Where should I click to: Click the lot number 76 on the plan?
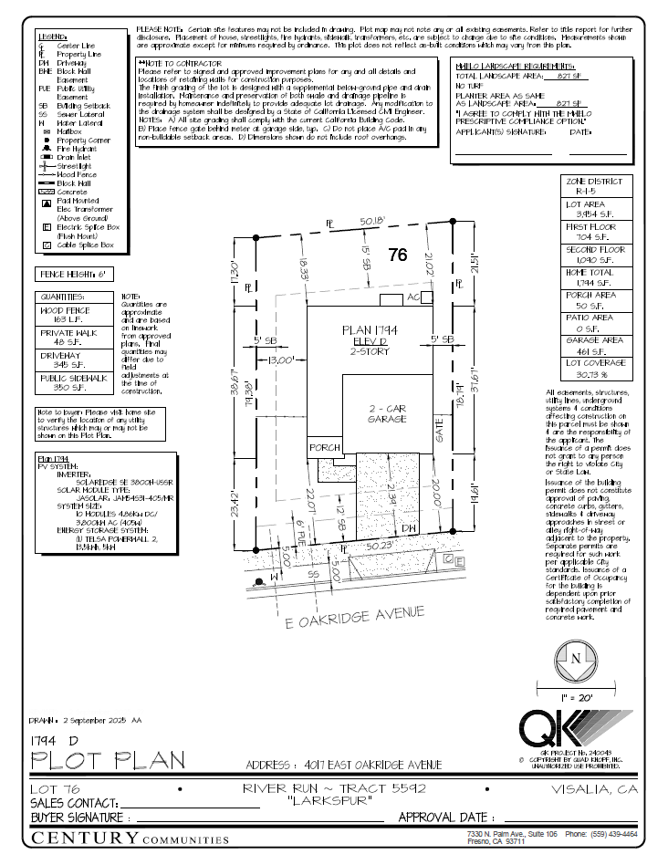(397, 255)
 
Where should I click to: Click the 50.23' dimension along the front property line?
(379, 546)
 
